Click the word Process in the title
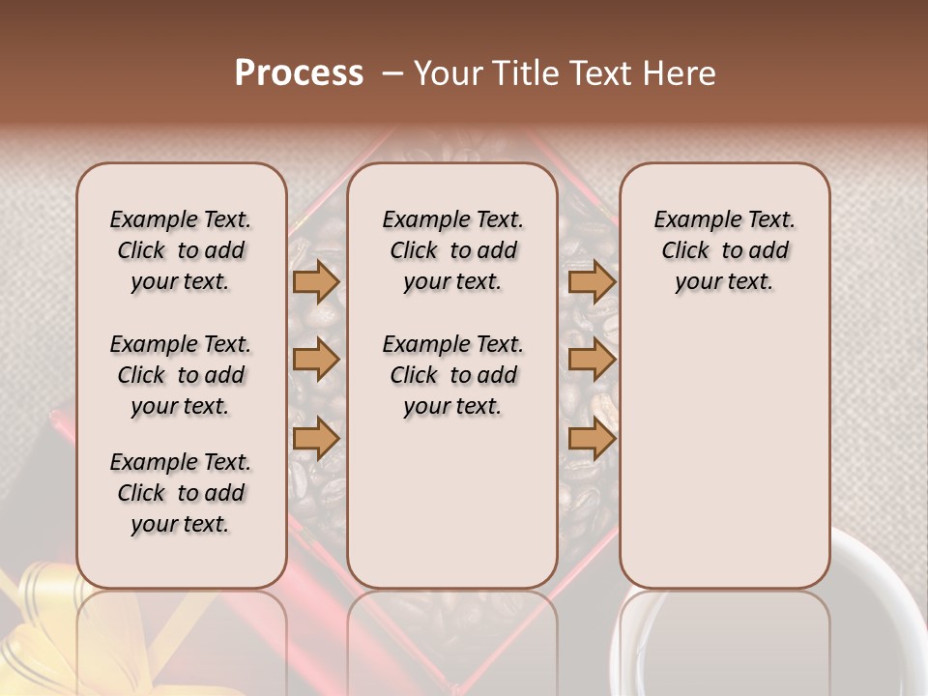[299, 73]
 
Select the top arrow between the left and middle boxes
[316, 281]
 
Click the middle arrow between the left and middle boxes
[316, 360]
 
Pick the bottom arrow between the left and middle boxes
[316, 439]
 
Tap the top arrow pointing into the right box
[592, 281]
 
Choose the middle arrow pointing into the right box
[592, 360]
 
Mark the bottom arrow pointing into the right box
[592, 439]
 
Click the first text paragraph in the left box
[181, 250]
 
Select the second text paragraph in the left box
[181, 375]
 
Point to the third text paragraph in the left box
[181, 493]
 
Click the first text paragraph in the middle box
[452, 250]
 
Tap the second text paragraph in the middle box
[452, 375]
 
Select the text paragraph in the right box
[724, 250]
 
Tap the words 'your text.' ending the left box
[181, 524]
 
